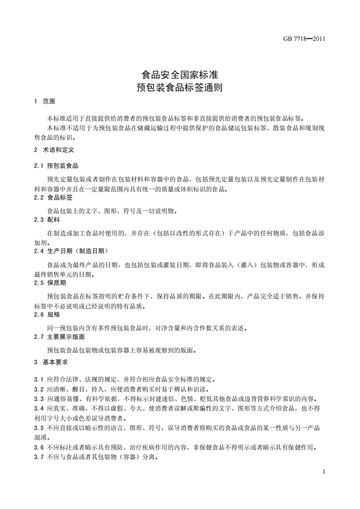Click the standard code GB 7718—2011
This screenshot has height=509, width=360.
pyautogui.click(x=304, y=39)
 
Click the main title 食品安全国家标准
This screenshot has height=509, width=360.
pyautogui.click(x=180, y=73)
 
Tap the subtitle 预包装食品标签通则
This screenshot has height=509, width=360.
pyautogui.click(x=180, y=87)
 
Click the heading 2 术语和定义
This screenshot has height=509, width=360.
pyautogui.click(x=54, y=149)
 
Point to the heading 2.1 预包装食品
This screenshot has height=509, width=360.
pyautogui.click(x=56, y=166)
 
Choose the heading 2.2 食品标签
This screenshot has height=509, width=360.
pyautogui.click(x=53, y=198)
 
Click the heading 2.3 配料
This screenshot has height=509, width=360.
pyautogui.click(x=47, y=220)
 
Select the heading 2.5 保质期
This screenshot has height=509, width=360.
pyautogui.click(x=50, y=283)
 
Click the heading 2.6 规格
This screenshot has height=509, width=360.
pyautogui.click(x=47, y=314)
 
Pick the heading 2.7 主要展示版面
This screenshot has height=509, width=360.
pyautogui.click(x=59, y=337)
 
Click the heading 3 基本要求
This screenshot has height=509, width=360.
pyautogui.click(x=51, y=362)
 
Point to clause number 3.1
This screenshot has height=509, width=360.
pyautogui.click(x=39, y=379)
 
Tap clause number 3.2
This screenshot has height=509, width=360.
pyautogui.click(x=39, y=389)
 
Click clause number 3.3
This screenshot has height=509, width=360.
pyautogui.click(x=39, y=399)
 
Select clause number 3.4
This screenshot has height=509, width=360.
pyautogui.click(x=39, y=409)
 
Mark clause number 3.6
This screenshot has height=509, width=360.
pyautogui.click(x=39, y=447)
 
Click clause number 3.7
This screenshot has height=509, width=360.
pyautogui.click(x=39, y=457)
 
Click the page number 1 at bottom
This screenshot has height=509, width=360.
pyautogui.click(x=324, y=472)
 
